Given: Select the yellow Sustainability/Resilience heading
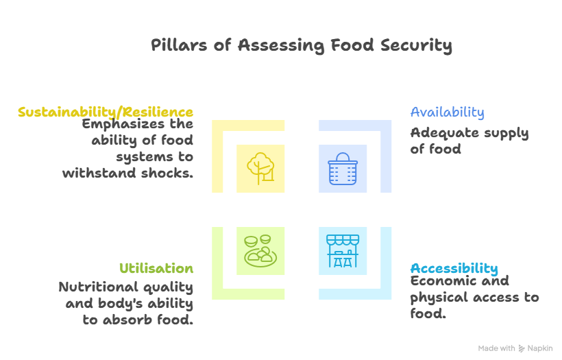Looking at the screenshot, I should pos(106,112).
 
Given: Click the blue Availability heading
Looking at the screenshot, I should pos(447,112).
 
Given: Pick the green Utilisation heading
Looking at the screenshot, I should pos(156,268).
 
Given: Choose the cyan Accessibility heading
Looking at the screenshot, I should pos(454,268).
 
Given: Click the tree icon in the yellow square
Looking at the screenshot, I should pos(260,168).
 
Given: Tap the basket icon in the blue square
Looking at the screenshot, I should pos(343,168).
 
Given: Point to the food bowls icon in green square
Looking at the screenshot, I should pos(260,251).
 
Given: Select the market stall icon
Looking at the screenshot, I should pos(343,251).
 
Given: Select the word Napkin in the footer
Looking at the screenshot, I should pos(540,348).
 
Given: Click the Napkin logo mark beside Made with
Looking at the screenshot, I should pos(522,348).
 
